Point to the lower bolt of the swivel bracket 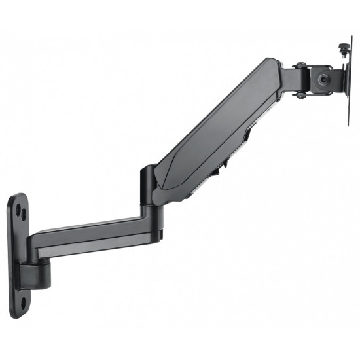(298, 96)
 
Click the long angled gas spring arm (216, 131)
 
